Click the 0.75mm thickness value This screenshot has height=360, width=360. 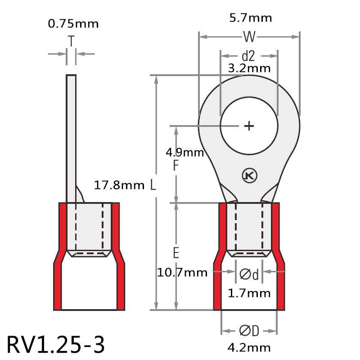pyautogui.click(x=73, y=23)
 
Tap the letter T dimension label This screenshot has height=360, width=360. pyautogui.click(x=71, y=41)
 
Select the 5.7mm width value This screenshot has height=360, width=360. pyautogui.click(x=250, y=18)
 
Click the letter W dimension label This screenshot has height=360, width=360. pyautogui.click(x=249, y=36)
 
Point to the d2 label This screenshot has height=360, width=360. pyautogui.click(x=248, y=56)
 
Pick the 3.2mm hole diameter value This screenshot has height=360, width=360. pyautogui.click(x=249, y=68)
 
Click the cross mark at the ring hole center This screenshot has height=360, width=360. pyautogui.click(x=249, y=126)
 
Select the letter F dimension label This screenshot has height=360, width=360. pyautogui.click(x=176, y=166)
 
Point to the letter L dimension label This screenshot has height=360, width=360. pyautogui.click(x=153, y=185)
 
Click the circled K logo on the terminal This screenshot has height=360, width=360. pyautogui.click(x=248, y=175)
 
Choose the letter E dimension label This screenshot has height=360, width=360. pyautogui.click(x=176, y=253)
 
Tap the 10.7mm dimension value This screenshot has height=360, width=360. pyautogui.click(x=182, y=272)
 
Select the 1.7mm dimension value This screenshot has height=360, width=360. pyautogui.click(x=249, y=294)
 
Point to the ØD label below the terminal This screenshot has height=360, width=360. pyautogui.click(x=249, y=331)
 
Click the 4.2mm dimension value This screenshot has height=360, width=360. pyautogui.click(x=249, y=347)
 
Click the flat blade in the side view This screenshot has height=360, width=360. pyautogui.click(x=71, y=135)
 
